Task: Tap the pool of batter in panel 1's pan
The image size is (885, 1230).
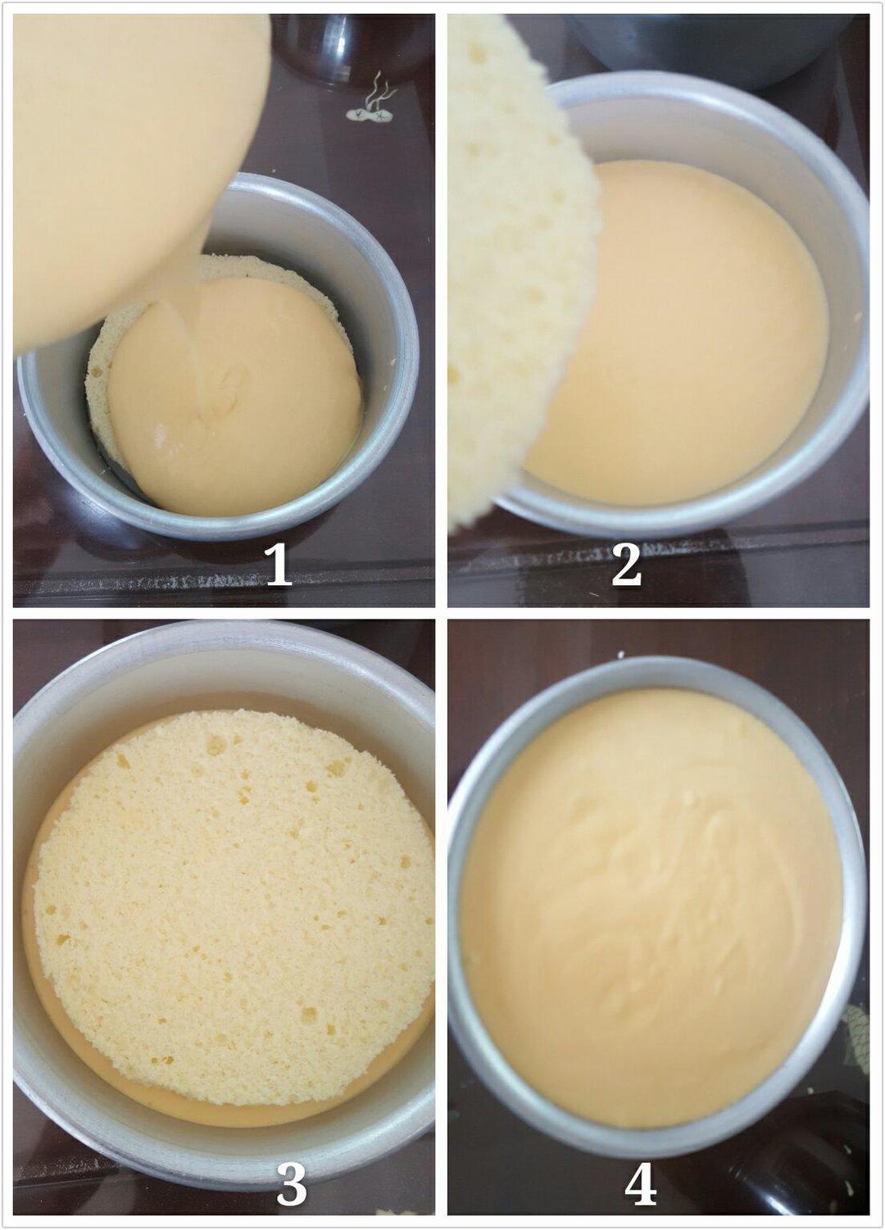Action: [236, 395]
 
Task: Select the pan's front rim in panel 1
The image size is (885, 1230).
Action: [220, 527]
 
